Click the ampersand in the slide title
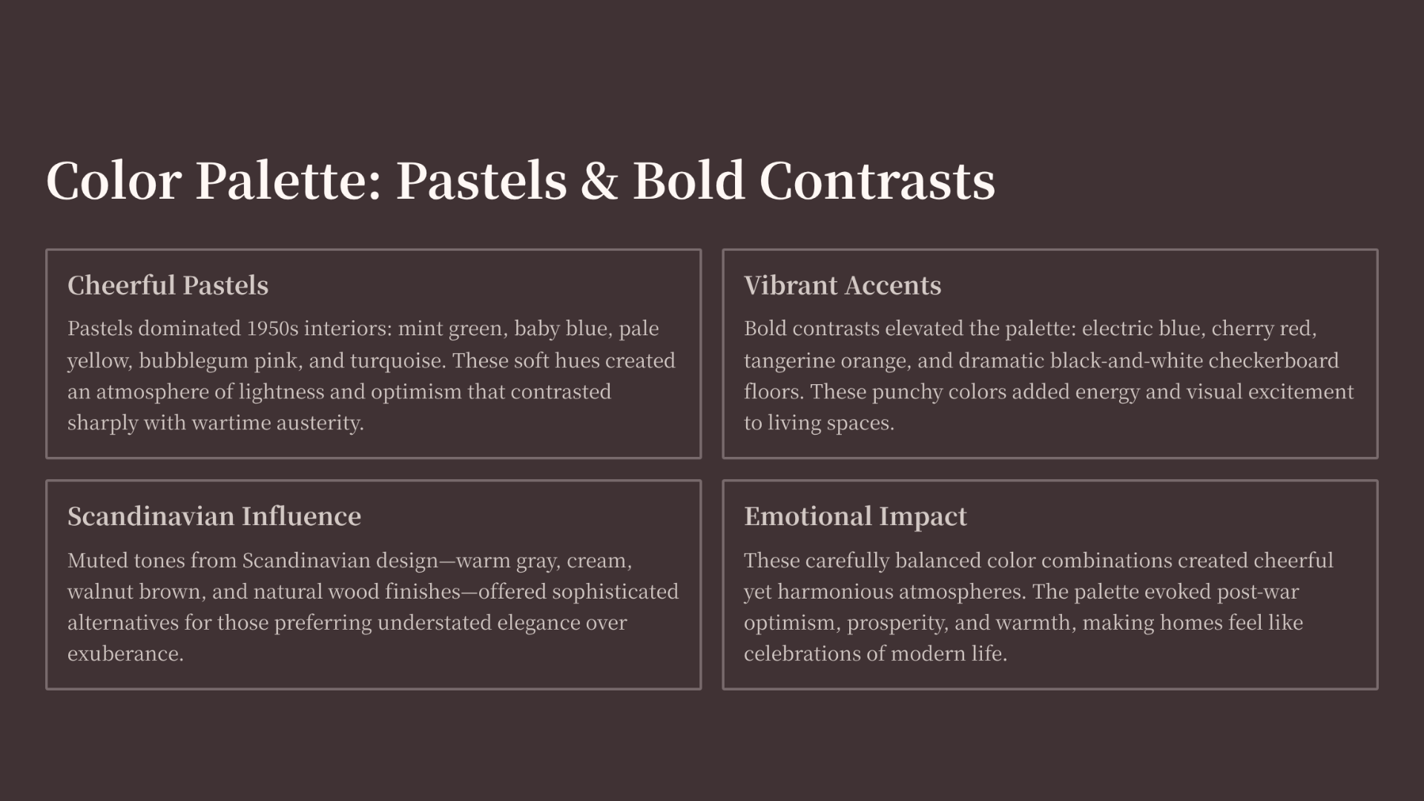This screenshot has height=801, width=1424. click(x=599, y=180)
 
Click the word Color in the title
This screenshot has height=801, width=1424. click(x=113, y=180)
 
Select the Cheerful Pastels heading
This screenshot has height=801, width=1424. click(x=168, y=286)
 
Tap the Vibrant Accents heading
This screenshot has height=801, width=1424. click(x=843, y=286)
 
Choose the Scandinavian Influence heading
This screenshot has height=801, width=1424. click(x=214, y=516)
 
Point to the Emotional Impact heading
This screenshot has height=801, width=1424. click(x=855, y=517)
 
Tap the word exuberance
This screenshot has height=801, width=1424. click(x=125, y=654)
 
